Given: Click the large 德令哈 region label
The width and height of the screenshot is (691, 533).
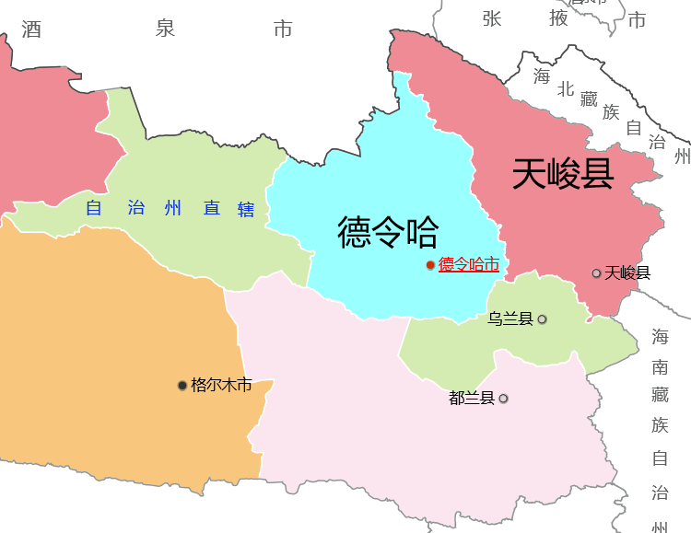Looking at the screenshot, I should [388, 232].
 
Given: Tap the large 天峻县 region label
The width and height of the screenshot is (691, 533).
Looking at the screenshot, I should [563, 173].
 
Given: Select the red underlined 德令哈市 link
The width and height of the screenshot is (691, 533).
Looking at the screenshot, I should [469, 265].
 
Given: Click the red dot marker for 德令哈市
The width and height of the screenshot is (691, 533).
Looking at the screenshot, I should [430, 265].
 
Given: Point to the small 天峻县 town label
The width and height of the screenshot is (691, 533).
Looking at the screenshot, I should [628, 272].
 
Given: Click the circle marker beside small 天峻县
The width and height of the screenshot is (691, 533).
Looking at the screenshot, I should [597, 273].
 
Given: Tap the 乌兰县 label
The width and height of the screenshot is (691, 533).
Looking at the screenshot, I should [510, 319].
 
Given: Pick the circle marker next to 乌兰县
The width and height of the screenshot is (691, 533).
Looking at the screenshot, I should [542, 319].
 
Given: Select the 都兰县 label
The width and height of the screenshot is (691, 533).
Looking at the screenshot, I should [472, 399].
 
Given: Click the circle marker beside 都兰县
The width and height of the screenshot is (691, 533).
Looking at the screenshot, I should [503, 399].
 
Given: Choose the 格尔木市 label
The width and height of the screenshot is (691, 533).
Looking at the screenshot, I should [221, 385].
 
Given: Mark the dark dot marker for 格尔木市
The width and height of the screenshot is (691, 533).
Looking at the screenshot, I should [182, 385].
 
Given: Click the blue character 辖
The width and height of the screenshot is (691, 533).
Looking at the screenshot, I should [246, 209].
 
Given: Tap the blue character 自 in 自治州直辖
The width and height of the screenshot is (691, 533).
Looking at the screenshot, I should [93, 209].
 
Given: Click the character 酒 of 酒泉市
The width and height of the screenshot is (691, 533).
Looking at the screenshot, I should [32, 29].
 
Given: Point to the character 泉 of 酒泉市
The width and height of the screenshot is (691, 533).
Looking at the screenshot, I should [165, 29].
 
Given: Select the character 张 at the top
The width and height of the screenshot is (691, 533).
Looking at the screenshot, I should [491, 17].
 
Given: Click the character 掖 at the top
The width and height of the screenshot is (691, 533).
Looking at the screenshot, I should [558, 17].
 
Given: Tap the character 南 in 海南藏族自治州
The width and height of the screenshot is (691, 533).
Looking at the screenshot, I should [660, 366].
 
